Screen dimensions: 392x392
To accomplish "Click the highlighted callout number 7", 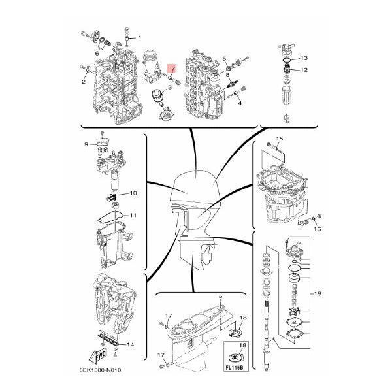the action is [x=172, y=68].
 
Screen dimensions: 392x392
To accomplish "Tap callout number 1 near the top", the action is [x=140, y=37].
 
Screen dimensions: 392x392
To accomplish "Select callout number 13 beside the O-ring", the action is [x=304, y=58].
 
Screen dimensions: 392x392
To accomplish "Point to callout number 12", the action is [x=304, y=70].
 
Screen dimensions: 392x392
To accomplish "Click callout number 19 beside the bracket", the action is [x=318, y=293].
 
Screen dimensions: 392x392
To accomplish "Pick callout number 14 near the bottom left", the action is [x=130, y=344].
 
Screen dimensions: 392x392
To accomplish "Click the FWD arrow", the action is [x=98, y=355].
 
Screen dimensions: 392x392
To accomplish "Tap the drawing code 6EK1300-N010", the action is [x=100, y=370].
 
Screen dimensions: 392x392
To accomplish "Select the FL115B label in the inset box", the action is [x=234, y=368].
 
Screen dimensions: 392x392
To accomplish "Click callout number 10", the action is [x=133, y=193].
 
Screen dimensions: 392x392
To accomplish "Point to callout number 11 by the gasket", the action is [x=133, y=215].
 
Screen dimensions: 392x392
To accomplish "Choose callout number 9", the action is [x=86, y=144].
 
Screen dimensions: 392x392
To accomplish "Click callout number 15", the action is [x=280, y=139].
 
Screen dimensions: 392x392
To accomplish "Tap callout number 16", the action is [x=318, y=229].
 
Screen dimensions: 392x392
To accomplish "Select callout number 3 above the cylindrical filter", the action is [x=170, y=88].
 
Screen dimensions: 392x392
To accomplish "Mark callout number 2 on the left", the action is [x=84, y=82].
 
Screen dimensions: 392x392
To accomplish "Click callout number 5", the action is [x=224, y=59].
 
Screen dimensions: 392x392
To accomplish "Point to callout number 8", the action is [x=227, y=74].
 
